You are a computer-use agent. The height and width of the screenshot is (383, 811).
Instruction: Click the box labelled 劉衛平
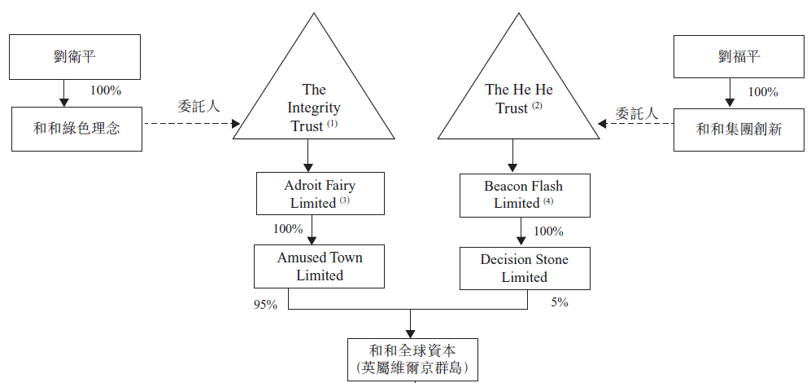76,56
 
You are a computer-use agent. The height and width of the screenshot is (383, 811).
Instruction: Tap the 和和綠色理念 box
76,128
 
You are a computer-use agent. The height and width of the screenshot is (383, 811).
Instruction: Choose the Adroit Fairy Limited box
319,194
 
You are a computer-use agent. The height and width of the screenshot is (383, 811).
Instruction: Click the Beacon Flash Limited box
523,194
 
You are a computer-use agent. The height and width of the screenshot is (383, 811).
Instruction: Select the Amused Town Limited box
319,266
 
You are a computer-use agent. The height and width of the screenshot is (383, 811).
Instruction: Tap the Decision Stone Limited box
524,268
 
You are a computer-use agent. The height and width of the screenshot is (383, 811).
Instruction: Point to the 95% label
265,305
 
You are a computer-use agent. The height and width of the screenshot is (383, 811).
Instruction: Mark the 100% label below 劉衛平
106,90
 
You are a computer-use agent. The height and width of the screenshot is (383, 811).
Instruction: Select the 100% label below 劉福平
762,91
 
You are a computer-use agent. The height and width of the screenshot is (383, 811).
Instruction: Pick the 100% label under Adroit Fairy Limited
288,229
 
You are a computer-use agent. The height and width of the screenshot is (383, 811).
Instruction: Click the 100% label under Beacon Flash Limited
548,231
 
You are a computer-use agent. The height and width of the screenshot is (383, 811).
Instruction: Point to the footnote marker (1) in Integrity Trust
332,124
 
